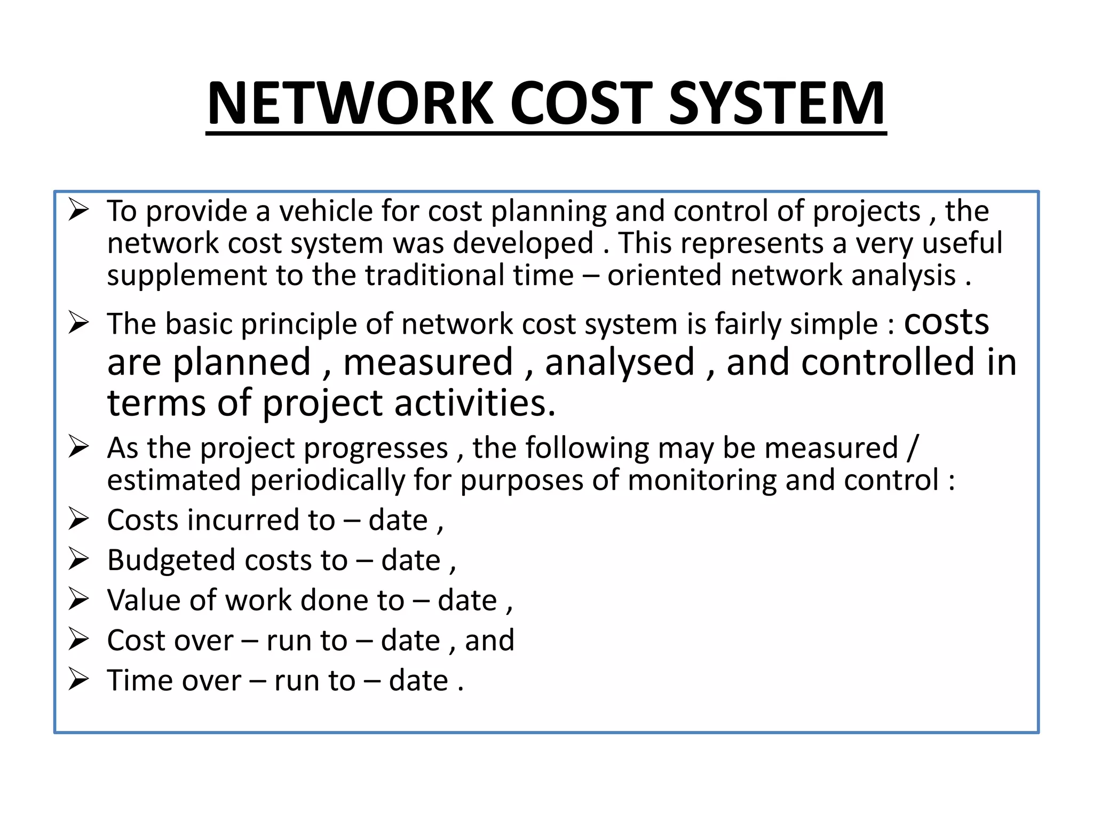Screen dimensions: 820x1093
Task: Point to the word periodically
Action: tap(327, 480)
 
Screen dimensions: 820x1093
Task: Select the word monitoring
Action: tap(701, 480)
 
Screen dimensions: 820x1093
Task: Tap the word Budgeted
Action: tap(171, 561)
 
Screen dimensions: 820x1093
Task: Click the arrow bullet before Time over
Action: tap(78, 680)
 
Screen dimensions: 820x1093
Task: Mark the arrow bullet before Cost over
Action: tap(78, 640)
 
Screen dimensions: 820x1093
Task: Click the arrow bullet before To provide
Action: tap(78, 210)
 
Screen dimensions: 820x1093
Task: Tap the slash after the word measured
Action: tap(912, 448)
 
